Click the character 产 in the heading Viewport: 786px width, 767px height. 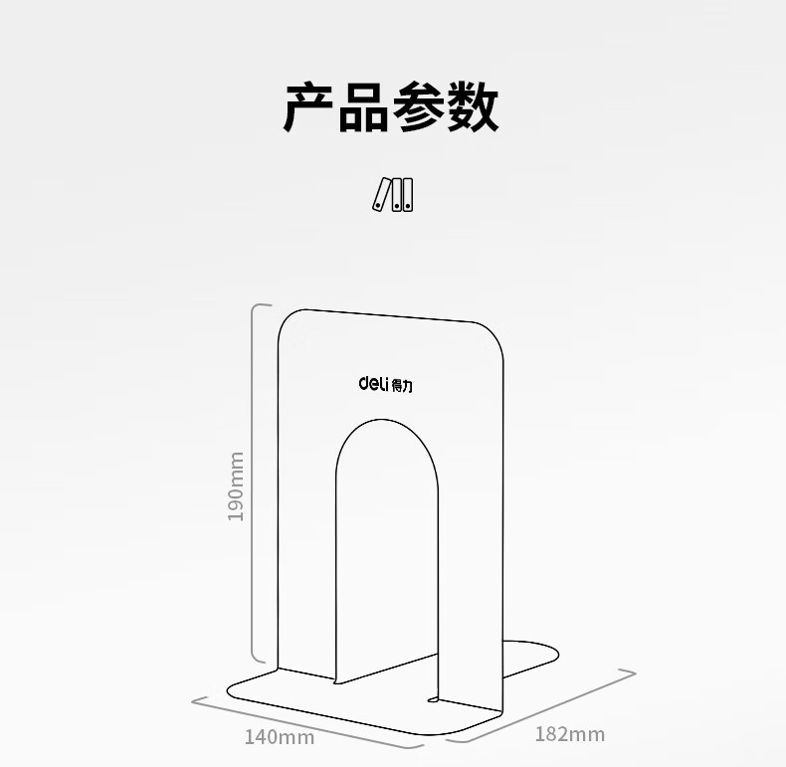308,107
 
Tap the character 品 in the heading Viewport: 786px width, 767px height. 363,107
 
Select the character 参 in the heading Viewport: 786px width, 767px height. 419,107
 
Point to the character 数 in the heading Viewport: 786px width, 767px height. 473,107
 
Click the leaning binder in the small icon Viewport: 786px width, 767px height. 381,194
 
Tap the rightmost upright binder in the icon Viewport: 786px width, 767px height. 408,195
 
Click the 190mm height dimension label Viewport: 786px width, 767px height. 236,486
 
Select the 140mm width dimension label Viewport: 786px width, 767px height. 280,737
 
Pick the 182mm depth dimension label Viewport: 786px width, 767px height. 570,734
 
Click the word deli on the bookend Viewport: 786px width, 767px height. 373,384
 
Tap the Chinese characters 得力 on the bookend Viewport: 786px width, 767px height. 402,386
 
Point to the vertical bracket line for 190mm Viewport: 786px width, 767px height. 252,483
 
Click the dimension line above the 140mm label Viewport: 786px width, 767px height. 306,724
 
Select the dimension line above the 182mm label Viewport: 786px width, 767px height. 541,706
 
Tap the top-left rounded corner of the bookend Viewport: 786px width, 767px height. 289,320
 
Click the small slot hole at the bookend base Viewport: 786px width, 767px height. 433,698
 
